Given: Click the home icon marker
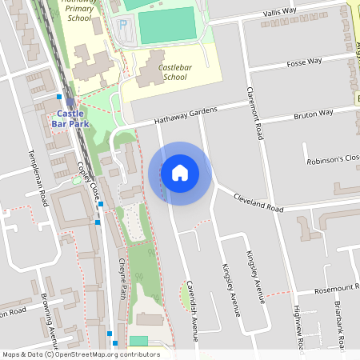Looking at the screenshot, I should click(x=179, y=173).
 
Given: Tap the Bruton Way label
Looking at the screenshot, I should click(x=313, y=114).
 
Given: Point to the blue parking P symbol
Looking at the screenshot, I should click(x=122, y=26).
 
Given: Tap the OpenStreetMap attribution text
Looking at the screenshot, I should click(x=80, y=354).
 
